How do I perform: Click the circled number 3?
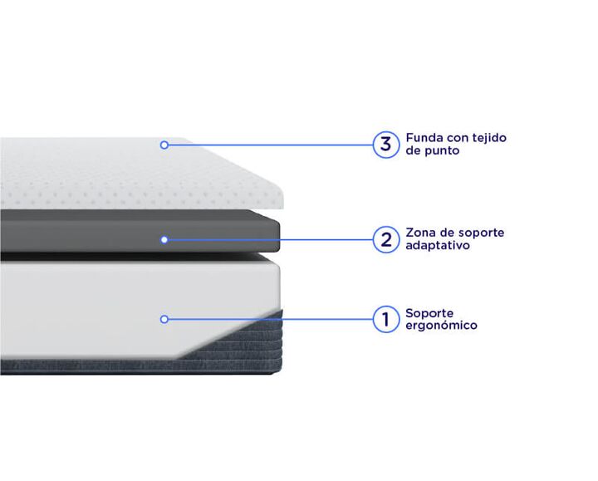point(386,145)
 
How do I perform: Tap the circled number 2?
point(386,239)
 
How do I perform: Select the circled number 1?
point(386,319)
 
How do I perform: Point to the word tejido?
point(489,138)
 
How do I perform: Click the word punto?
point(442,150)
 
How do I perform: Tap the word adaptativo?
point(438,246)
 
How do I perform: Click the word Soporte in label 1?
point(429,313)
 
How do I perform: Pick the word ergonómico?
point(441,326)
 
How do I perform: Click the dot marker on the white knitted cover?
point(164,145)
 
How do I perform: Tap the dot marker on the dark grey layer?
point(164,239)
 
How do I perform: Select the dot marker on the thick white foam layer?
point(164,319)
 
